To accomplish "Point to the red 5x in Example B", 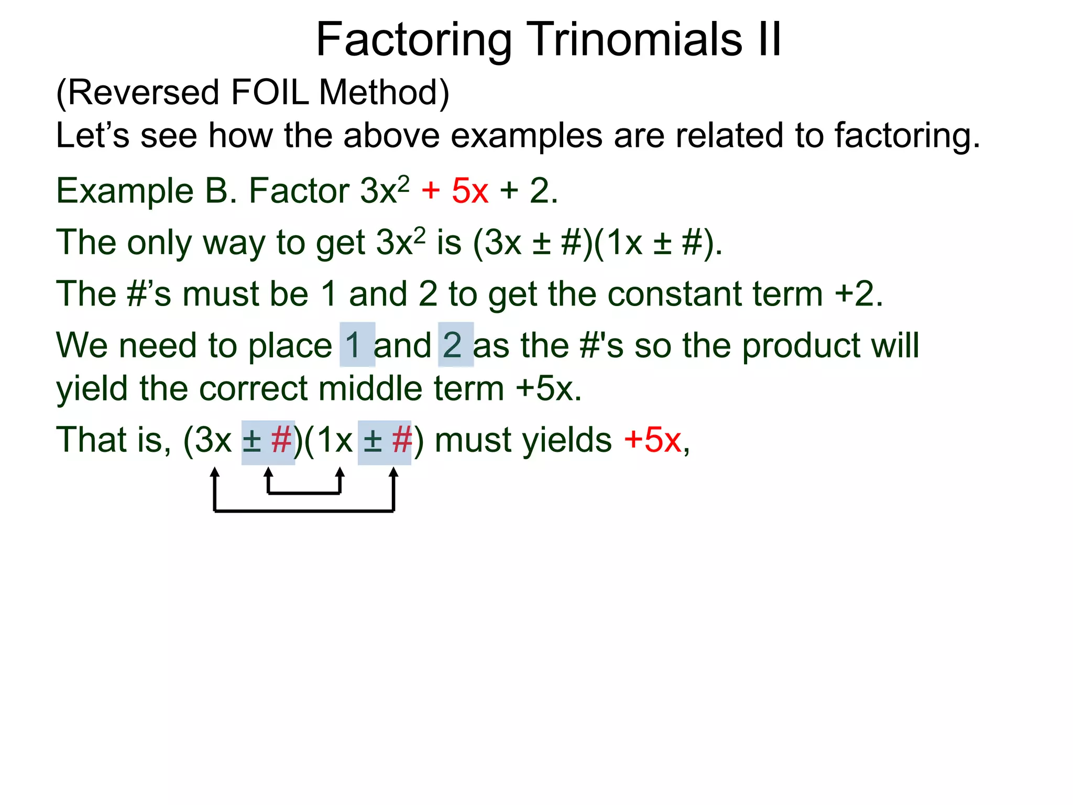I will [470, 191].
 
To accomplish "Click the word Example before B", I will [125, 191].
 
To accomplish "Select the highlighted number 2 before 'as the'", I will [453, 345].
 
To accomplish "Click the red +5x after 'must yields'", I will [652, 440].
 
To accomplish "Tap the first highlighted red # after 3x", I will [281, 440].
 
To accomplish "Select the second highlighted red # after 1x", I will [401, 440].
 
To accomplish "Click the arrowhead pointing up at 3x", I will [214, 473].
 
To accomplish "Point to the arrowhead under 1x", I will [340, 473].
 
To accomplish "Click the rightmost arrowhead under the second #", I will [393, 473].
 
